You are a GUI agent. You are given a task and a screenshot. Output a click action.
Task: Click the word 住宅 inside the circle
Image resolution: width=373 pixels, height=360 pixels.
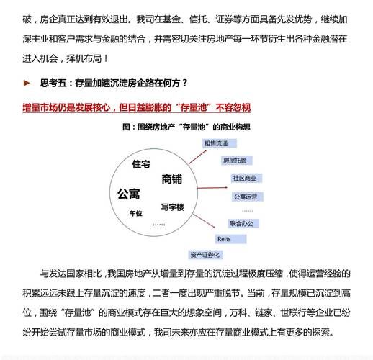coord(141,164)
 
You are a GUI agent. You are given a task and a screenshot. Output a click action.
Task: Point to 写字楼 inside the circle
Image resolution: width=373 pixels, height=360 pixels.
coord(173,207)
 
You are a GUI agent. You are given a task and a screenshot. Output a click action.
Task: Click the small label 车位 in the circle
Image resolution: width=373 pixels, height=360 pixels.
coord(136,213)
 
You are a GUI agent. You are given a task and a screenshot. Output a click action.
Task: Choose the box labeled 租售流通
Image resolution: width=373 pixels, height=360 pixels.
coord(221,143)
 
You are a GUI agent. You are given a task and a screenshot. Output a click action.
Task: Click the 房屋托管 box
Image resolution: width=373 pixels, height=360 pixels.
coord(235,160)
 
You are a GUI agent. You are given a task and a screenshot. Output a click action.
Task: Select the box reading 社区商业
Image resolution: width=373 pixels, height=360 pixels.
coord(245,178)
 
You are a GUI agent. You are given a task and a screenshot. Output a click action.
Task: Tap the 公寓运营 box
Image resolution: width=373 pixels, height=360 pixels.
coord(245,196)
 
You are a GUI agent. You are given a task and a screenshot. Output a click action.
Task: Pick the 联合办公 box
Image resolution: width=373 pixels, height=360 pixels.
coord(241,223)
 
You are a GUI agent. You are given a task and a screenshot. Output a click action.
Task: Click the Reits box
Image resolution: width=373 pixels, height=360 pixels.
coord(225,238)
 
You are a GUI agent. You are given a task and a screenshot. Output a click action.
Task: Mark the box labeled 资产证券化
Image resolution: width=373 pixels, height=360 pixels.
coord(205,254)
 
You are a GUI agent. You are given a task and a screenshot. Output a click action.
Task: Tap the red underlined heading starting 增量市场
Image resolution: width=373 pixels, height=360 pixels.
coord(136,107)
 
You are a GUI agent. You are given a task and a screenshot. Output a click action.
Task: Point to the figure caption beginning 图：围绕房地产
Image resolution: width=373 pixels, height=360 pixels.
coord(186,127)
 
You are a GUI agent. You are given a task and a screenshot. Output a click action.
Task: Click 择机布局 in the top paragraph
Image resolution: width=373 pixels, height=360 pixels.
coord(89,57)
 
